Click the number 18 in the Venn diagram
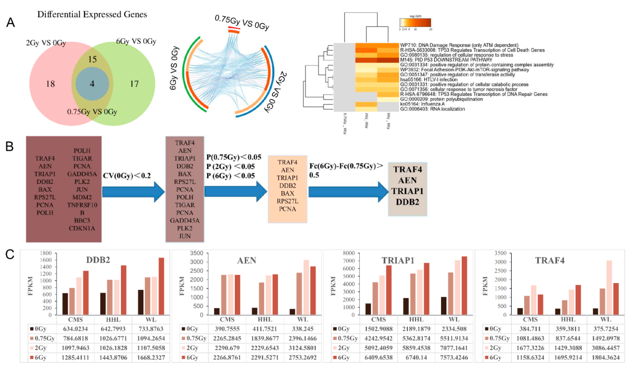50,84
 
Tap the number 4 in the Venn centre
92,84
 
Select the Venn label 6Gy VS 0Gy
136,41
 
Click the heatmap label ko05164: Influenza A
422,104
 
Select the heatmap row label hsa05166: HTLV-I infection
429,79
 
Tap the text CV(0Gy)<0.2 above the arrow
127,176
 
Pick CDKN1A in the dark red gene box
82,228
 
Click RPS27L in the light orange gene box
288,201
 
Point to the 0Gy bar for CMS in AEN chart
217,311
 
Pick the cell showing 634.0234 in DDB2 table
75,329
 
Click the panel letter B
9,146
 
